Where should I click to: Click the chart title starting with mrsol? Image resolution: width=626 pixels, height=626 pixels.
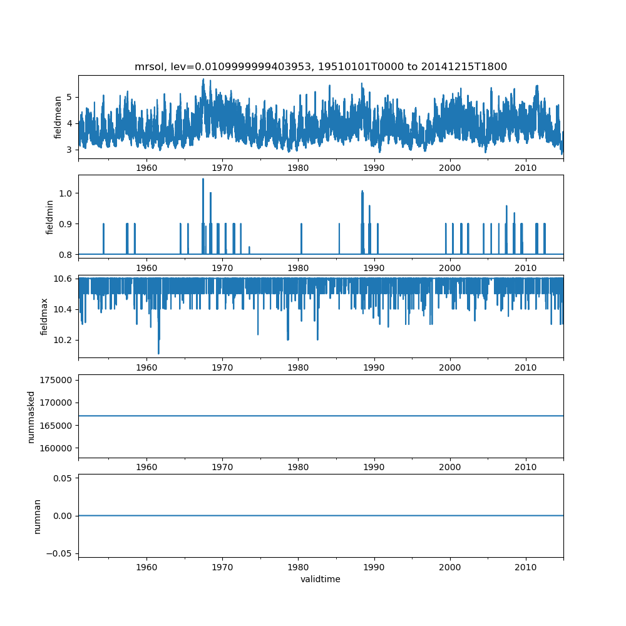click(x=321, y=66)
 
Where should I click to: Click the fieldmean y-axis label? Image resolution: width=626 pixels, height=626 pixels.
click(x=58, y=117)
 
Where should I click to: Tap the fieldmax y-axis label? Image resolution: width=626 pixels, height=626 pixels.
click(x=44, y=316)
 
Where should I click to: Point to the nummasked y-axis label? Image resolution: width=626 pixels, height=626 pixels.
click(x=31, y=417)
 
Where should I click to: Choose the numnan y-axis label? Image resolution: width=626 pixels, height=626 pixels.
click(x=38, y=516)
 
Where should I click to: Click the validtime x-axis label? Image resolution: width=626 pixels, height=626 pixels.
click(x=321, y=579)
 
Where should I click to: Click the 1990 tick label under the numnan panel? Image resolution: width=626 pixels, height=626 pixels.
click(x=374, y=567)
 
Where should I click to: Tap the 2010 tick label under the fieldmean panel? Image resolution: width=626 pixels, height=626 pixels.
click(x=526, y=168)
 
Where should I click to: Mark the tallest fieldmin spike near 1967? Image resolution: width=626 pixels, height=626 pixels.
click(x=203, y=179)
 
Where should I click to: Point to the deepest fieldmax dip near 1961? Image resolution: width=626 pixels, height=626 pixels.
click(x=158, y=353)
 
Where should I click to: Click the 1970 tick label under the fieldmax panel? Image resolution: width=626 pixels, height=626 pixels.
click(x=222, y=367)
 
